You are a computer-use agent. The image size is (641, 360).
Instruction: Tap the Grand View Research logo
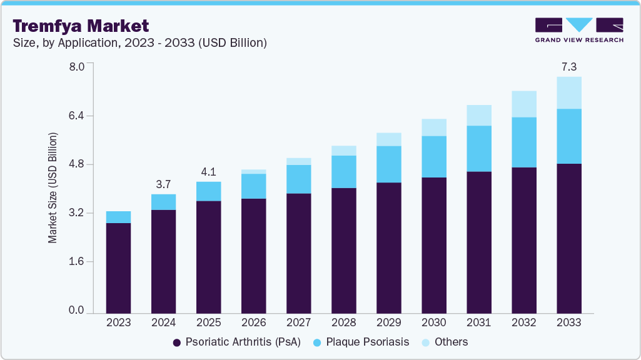579,29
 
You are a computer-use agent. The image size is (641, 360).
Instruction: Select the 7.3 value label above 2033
568,66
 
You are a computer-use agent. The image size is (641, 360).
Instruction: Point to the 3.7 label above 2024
163,184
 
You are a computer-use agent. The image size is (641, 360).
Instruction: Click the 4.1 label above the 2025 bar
208,172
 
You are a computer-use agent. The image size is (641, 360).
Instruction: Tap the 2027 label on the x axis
298,322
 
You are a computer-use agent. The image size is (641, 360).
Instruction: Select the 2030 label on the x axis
433,322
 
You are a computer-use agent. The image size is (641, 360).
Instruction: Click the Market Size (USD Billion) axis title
53,188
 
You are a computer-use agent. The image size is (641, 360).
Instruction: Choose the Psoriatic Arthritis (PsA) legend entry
236,342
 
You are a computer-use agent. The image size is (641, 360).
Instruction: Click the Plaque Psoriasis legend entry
361,342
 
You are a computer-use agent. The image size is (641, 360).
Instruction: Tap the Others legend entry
445,342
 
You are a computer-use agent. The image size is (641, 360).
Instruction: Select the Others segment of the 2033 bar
568,92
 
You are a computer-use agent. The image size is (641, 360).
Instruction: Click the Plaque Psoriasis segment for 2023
118,217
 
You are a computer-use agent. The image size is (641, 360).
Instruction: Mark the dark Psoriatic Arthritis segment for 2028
343,250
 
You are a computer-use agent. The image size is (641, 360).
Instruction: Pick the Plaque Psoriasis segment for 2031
478,148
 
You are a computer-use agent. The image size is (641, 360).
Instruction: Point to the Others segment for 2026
253,171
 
